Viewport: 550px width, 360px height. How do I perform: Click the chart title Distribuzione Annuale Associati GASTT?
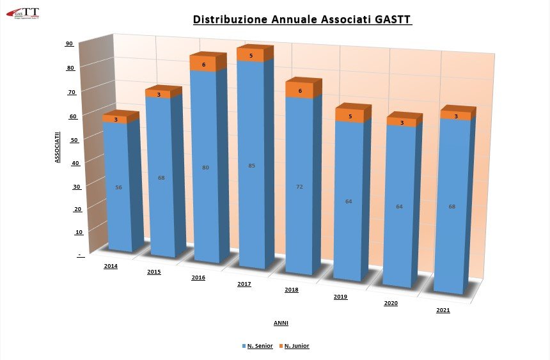pyautogui.click(x=302, y=20)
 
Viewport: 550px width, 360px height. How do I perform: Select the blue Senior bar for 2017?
pyautogui.click(x=251, y=192)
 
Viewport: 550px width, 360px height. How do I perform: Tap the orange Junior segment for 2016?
pyautogui.click(x=204, y=65)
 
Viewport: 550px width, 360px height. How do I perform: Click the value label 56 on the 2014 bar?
pyautogui.click(x=118, y=187)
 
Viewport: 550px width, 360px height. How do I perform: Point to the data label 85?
pyautogui.click(x=251, y=166)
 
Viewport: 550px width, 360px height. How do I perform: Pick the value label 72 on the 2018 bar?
pyautogui.click(x=299, y=187)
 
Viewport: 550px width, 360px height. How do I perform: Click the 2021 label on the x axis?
pyautogui.click(x=443, y=310)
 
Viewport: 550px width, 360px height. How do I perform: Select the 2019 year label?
pyautogui.click(x=340, y=297)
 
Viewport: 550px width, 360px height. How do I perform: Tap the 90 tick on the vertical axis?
pyautogui.click(x=69, y=43)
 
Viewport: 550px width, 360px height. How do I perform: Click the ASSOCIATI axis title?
pyautogui.click(x=57, y=147)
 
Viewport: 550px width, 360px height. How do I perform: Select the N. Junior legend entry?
pyautogui.click(x=297, y=346)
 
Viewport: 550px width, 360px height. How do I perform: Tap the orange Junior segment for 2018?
pyautogui.click(x=299, y=91)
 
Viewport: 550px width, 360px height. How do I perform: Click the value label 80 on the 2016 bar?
pyautogui.click(x=205, y=168)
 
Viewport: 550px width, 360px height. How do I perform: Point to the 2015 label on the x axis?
pyautogui.click(x=153, y=272)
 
